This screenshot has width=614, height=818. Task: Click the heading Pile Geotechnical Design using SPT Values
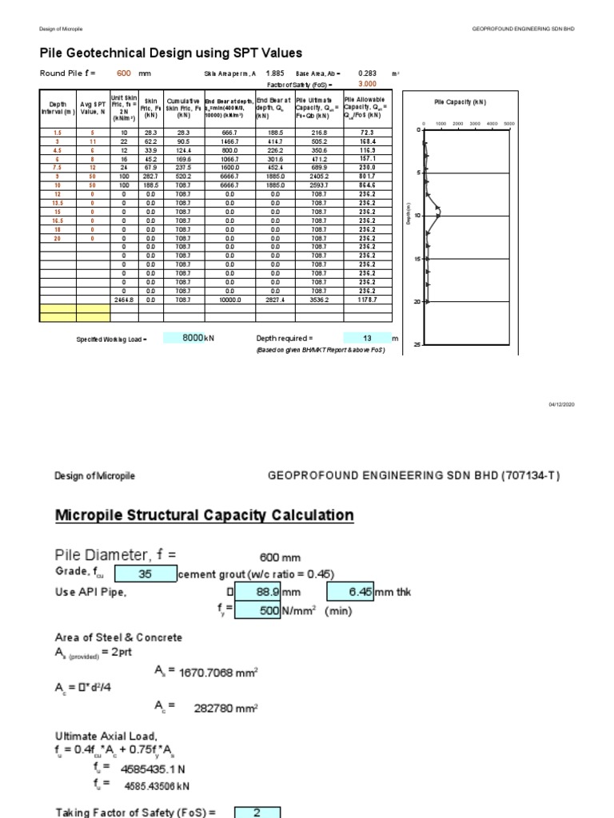click(x=171, y=54)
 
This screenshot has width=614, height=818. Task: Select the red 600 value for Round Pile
click(x=124, y=73)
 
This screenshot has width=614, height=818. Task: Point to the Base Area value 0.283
click(x=367, y=73)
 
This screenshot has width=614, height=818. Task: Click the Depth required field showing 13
click(x=367, y=338)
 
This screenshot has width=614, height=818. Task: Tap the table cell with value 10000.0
click(x=229, y=299)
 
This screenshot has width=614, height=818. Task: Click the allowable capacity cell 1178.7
click(x=369, y=299)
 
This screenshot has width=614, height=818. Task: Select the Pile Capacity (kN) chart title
click(x=460, y=102)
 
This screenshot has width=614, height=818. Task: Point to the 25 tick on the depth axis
click(x=417, y=344)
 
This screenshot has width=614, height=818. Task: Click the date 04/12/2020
click(x=560, y=405)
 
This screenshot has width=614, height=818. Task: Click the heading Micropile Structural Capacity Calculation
click(x=204, y=515)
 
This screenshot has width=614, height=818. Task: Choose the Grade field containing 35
click(x=145, y=574)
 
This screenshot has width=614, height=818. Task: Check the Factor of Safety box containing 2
click(x=257, y=812)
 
